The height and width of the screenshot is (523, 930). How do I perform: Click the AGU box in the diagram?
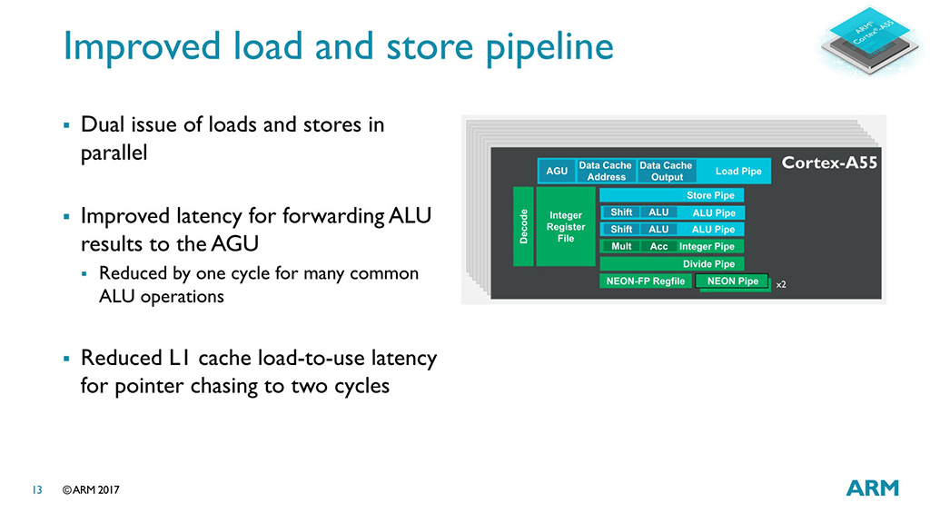556,171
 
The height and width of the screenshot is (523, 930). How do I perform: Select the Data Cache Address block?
606,171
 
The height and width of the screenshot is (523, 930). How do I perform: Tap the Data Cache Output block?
666,171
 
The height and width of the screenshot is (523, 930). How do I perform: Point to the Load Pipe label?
738,171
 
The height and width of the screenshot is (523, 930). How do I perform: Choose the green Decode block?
523,226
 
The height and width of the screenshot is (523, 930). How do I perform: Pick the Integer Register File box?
566,226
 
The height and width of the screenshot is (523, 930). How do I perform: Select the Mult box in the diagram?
621,246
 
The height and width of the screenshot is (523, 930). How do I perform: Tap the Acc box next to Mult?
658,246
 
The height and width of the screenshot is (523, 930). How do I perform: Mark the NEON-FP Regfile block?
645,281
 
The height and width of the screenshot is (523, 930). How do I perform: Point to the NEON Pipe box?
732,281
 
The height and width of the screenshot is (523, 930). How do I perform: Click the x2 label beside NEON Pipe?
780,284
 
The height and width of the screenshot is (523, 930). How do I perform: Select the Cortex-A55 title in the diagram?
829,163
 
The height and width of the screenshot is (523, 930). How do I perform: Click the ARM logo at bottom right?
872,488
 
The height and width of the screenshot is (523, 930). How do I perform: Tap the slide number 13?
37,490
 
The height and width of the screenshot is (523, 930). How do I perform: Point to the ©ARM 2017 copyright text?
91,490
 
